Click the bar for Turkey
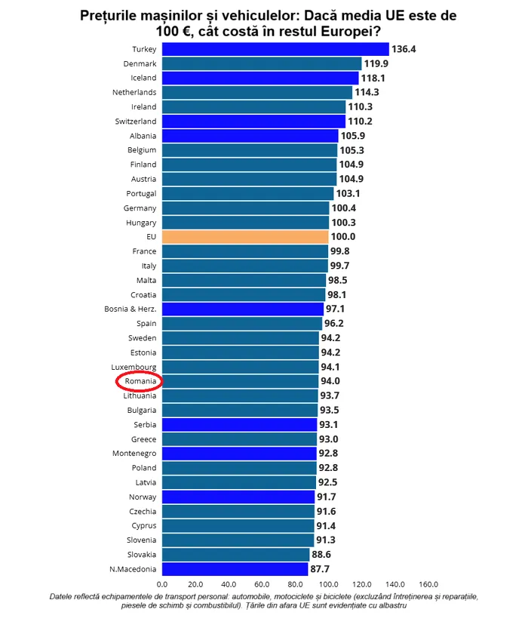pyautogui.click(x=275, y=49)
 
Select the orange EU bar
pyautogui.click(x=245, y=237)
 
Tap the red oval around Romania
pyautogui.click(x=140, y=381)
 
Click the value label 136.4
pyautogui.click(x=404, y=49)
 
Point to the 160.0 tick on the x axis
pyautogui.click(x=428, y=584)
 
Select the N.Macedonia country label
pyautogui.click(x=133, y=569)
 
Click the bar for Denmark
pyautogui.click(x=261, y=63)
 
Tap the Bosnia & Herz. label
pyautogui.click(x=130, y=309)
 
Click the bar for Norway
pyautogui.click(x=238, y=497)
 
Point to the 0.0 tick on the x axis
pyautogui.click(x=162, y=584)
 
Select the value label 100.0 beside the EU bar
pyautogui.click(x=342, y=237)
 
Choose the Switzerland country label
pyautogui.click(x=136, y=122)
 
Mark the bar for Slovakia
pyautogui.click(x=235, y=555)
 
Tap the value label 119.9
pyautogui.click(x=375, y=63)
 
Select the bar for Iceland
pyautogui.click(x=260, y=78)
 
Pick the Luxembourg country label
pyautogui.click(x=134, y=367)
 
